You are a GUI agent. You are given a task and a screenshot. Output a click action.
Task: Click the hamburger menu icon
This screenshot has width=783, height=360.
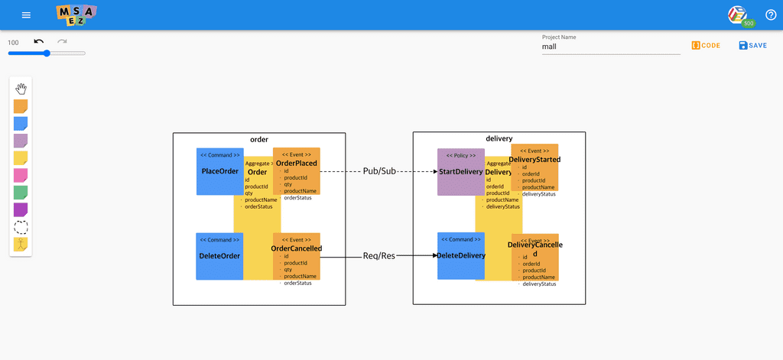(x=27, y=15)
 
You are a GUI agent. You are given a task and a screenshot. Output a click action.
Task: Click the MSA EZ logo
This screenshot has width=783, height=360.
(x=76, y=15)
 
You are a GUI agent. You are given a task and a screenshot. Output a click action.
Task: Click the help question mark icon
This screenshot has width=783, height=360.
(x=770, y=15)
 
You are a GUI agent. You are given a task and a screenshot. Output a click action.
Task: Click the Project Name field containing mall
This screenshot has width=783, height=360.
(x=610, y=46)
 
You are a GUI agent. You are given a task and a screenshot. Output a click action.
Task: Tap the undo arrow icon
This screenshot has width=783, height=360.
(x=39, y=41)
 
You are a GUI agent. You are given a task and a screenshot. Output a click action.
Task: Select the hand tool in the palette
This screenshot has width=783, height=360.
(x=21, y=89)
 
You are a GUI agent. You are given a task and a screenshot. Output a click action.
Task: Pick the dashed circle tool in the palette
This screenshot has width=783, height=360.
(x=21, y=227)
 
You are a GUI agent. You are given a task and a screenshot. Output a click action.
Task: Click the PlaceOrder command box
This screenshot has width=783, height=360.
(x=219, y=171)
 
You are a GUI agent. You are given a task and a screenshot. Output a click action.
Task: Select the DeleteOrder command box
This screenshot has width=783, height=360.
(x=219, y=256)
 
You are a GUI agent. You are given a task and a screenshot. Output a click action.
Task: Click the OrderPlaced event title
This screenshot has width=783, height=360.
(x=296, y=163)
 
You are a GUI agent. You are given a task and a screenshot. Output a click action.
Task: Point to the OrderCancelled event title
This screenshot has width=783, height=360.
(x=296, y=248)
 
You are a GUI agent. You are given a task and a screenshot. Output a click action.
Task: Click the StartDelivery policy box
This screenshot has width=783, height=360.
(x=460, y=172)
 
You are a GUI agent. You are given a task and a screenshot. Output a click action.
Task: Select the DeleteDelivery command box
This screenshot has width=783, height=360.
(x=460, y=256)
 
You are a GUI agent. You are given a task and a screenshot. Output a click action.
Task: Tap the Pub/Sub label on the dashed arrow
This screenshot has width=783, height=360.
(x=379, y=171)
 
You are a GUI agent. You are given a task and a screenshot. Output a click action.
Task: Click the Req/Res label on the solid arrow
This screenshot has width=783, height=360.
(x=379, y=257)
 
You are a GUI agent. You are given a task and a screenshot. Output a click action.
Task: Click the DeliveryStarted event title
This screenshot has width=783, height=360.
(x=534, y=160)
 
